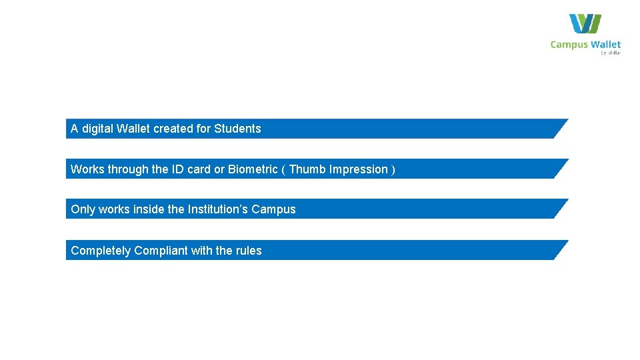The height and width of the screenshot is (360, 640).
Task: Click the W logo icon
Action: [x=585, y=24]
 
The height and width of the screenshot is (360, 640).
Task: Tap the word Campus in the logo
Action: [x=569, y=45]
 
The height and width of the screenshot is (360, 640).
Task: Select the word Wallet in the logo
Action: [x=605, y=45]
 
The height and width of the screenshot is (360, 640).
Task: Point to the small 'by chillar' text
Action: [x=611, y=53]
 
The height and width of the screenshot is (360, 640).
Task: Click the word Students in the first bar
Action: [x=237, y=129]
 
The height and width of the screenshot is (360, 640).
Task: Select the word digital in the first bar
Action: [x=97, y=129]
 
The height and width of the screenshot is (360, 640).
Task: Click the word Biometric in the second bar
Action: [x=253, y=169]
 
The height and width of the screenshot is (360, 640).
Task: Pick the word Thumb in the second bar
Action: [x=307, y=169]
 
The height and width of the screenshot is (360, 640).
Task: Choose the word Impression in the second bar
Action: [x=359, y=169]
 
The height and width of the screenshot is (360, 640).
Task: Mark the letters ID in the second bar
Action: [x=178, y=169]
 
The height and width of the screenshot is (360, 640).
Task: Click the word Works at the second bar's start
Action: [x=87, y=169]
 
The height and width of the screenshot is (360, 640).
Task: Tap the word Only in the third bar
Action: [x=83, y=209]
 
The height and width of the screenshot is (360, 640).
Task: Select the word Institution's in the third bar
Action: [x=218, y=209]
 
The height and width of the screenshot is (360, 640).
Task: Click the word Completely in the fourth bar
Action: [x=101, y=251]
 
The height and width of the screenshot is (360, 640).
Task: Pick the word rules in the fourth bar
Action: [x=249, y=251]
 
